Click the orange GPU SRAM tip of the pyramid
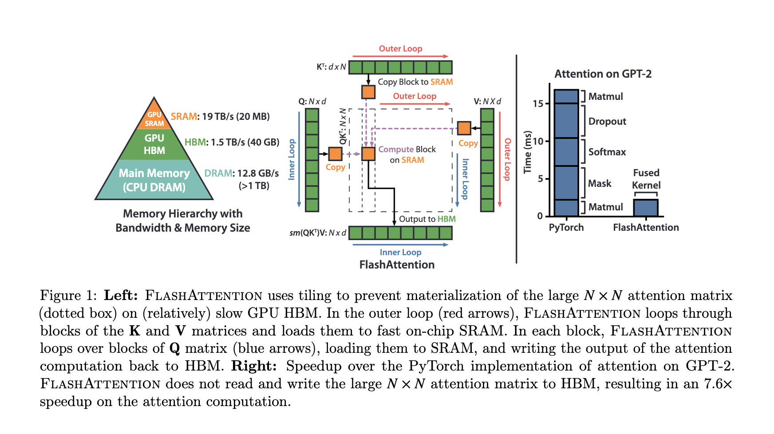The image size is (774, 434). click(x=154, y=118)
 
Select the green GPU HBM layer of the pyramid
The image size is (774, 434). click(x=154, y=145)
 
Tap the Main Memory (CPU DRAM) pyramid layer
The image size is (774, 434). click(x=154, y=180)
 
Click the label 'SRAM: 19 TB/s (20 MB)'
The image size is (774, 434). click(x=220, y=117)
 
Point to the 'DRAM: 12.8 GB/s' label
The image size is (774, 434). click(x=241, y=173)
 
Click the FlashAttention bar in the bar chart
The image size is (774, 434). click(x=645, y=208)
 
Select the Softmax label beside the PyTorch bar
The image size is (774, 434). click(x=607, y=152)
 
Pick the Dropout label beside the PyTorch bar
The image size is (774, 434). click(x=607, y=122)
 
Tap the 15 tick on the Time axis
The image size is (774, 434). click(x=538, y=104)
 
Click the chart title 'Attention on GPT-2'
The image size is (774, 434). click(x=603, y=74)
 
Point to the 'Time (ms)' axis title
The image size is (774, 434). click(x=527, y=152)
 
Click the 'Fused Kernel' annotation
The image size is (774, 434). click(x=646, y=179)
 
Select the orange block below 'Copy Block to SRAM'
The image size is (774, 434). click(x=368, y=92)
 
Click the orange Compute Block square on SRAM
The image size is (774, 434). click(x=368, y=154)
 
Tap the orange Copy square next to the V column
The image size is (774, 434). click(x=464, y=128)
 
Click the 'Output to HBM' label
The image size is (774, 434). click(x=427, y=219)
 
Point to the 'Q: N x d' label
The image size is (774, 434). click(x=312, y=102)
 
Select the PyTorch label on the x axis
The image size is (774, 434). click(x=566, y=228)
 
